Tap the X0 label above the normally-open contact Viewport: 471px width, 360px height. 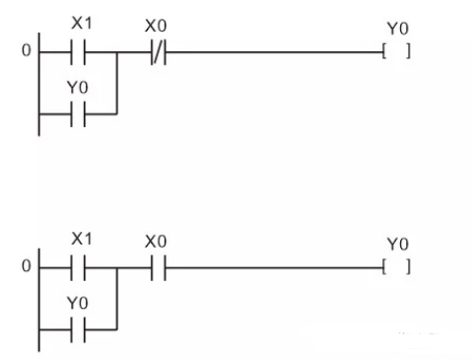[x=155, y=241]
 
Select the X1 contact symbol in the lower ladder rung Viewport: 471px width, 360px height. [x=78, y=266]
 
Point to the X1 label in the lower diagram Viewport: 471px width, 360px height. [x=80, y=240]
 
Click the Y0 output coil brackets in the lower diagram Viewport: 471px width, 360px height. [x=398, y=266]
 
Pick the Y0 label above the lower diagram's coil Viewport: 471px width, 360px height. [x=399, y=243]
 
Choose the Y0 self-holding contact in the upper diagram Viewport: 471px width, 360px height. [x=78, y=112]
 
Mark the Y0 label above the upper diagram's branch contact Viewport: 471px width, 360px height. [x=78, y=88]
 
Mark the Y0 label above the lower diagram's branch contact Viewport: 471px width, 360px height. [x=78, y=305]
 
